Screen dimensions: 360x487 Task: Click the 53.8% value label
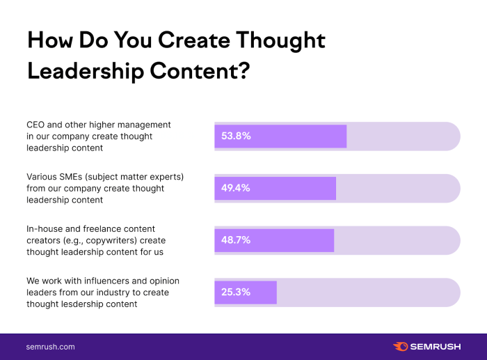tap(236, 136)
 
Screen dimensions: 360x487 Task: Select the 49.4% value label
tap(236, 188)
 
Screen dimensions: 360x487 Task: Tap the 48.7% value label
tap(236, 240)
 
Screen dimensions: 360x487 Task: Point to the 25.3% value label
tap(236, 292)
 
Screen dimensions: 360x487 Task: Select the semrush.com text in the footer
tap(50, 346)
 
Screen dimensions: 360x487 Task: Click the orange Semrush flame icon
tap(400, 346)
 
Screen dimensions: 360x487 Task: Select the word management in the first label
tap(145, 125)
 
